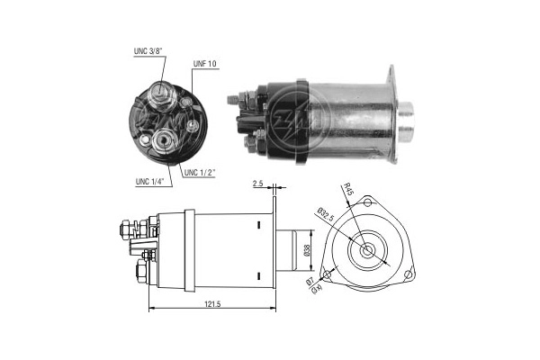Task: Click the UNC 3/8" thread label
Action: pos(148,51)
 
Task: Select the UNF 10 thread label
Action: pos(205,64)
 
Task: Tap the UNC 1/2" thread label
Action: pos(200,173)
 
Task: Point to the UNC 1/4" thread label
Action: pos(149,182)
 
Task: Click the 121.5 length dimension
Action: pos(212,304)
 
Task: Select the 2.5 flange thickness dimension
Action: pos(257,184)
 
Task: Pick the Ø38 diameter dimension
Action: pos(307,250)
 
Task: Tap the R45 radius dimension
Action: pos(348,190)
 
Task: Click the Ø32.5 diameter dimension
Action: pos(326,214)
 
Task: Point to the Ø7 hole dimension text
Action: pos(310,282)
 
